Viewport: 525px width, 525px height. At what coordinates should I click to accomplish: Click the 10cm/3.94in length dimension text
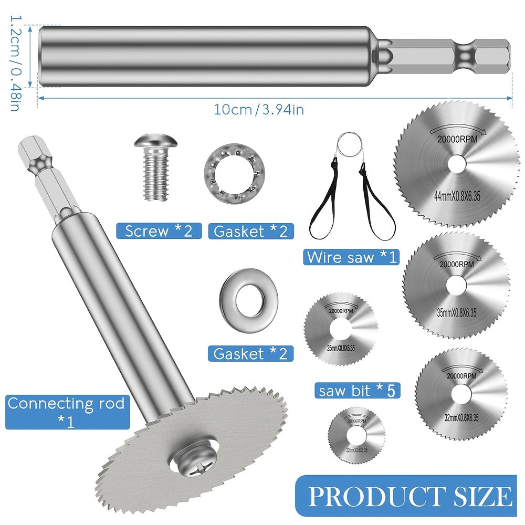click(x=258, y=110)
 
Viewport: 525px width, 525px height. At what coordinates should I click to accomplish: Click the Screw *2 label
click(x=159, y=230)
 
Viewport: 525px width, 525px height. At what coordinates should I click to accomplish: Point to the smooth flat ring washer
click(x=244, y=300)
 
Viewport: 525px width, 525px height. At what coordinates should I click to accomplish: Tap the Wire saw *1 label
click(x=351, y=257)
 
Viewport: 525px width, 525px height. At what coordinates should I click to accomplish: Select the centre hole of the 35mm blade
click(x=456, y=285)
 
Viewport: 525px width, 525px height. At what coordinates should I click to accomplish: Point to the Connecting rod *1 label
click(x=66, y=411)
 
